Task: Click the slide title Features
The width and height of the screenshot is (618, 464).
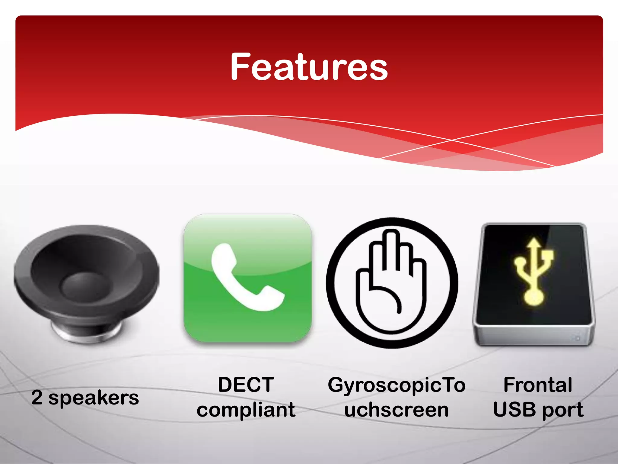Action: point(309,67)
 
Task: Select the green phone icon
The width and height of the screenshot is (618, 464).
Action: point(248,278)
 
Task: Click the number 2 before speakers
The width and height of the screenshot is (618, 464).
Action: point(37,398)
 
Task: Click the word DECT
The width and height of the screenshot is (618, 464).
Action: point(246,385)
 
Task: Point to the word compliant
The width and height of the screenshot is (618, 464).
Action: point(246,410)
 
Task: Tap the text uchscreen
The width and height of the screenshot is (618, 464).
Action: point(397,410)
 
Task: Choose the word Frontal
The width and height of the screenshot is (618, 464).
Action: point(538,385)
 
